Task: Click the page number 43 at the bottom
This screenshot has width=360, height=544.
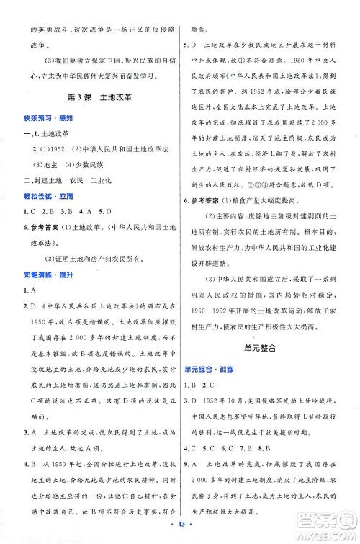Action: (x=180, y=532)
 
